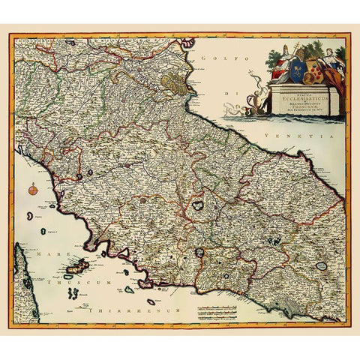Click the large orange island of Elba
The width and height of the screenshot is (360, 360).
[x=76, y=265]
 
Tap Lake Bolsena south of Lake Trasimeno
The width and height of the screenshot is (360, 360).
[x=198, y=253]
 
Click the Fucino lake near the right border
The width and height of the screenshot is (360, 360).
[x=322, y=265]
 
